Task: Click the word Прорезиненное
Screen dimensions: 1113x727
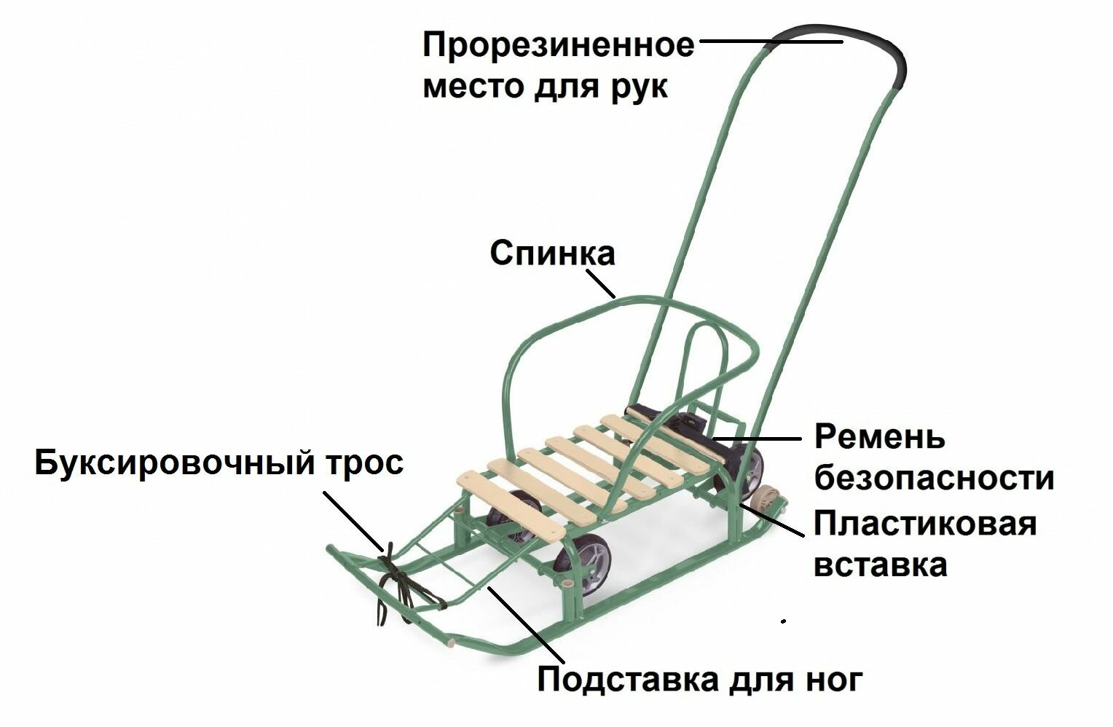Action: point(559,46)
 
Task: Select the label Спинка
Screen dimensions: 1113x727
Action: point(552,254)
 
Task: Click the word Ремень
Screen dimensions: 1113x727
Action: point(879,437)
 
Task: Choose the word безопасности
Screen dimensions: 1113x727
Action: point(935,479)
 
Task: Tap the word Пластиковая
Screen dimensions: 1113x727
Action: point(924,524)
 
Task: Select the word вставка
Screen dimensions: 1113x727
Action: point(880,565)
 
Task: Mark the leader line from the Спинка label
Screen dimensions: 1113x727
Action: point(600,282)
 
